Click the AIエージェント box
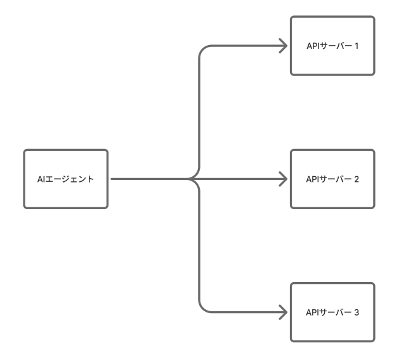tap(66, 179)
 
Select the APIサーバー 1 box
tap(332, 46)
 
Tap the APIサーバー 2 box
tap(332, 179)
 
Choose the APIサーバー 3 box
tap(332, 312)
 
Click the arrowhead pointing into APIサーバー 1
tap(283, 46)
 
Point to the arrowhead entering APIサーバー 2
tap(283, 179)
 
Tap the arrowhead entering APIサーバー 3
tap(283, 312)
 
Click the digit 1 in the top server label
tap(357, 46)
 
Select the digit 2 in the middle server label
tap(357, 179)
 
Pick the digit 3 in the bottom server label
tap(357, 312)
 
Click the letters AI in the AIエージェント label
tap(41, 179)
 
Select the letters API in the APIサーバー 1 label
tap(312, 46)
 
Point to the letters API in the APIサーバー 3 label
tap(312, 312)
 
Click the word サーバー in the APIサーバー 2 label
tap(335, 179)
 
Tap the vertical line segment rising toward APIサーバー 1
tap(200, 114)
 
